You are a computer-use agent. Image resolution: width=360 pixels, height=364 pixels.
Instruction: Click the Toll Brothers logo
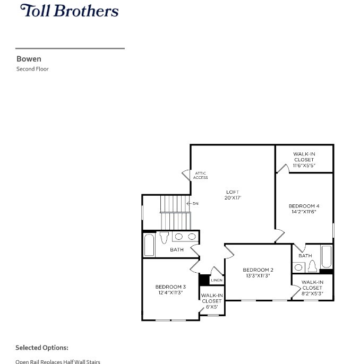pyautogui.click(x=69, y=11)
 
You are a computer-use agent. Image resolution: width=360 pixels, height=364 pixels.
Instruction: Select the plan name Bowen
pyautogui.click(x=29, y=59)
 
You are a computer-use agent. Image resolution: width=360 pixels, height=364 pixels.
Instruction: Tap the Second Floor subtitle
pyautogui.click(x=32, y=69)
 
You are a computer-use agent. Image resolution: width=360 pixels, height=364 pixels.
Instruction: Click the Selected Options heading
pyautogui.click(x=42, y=348)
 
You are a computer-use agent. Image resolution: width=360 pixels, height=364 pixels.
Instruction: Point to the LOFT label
pyautogui.click(x=232, y=192)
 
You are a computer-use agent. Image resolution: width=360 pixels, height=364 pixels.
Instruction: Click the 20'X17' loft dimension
pyautogui.click(x=232, y=198)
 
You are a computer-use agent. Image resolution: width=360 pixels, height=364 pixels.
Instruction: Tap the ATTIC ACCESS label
pyautogui.click(x=201, y=175)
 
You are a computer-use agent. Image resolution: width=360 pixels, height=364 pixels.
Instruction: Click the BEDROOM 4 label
pyautogui.click(x=304, y=206)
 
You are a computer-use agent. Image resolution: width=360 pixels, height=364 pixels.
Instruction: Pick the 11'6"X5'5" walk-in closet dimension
pyautogui.click(x=304, y=165)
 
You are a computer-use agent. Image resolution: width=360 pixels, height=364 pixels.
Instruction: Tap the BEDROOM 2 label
pyautogui.click(x=258, y=270)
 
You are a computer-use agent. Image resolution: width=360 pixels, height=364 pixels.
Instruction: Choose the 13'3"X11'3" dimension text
pyautogui.click(x=258, y=276)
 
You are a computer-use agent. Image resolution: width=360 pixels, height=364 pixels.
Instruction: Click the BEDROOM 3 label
pyautogui.click(x=170, y=287)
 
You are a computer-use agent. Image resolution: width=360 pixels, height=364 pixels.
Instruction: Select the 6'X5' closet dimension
pyautogui.click(x=211, y=307)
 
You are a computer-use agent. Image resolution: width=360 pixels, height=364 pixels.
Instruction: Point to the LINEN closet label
pyautogui.click(x=217, y=280)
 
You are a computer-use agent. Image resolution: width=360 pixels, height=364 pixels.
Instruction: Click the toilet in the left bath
pyautogui.click(x=164, y=237)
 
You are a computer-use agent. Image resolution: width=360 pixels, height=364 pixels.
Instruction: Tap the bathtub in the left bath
pyautogui.click(x=149, y=245)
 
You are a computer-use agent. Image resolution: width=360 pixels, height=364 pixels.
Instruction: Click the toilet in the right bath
pyautogui.click(x=312, y=266)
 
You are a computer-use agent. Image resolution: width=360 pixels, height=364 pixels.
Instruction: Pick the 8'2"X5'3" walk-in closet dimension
pyautogui.click(x=312, y=293)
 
